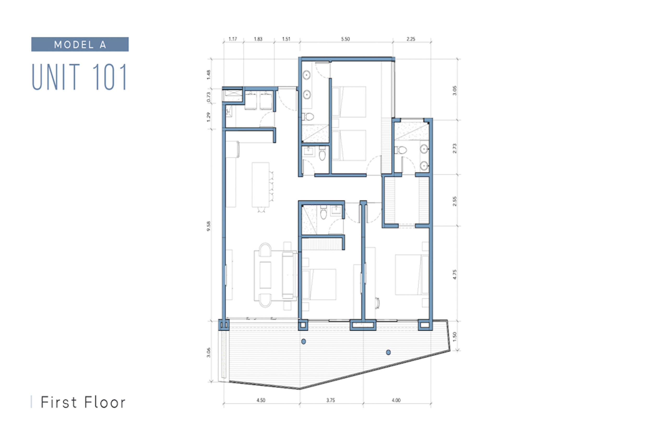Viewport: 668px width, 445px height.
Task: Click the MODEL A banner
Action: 80,44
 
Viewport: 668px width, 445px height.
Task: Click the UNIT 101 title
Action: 79,77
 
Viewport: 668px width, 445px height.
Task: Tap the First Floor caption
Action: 83,402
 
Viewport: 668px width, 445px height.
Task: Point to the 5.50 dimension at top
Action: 345,39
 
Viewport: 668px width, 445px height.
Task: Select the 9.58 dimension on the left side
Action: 208,226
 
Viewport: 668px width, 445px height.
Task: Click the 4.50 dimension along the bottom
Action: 261,400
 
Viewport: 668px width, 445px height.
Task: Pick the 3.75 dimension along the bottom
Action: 330,400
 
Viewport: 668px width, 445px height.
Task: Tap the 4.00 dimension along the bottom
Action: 396,400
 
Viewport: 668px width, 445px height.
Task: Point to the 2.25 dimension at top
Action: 410,39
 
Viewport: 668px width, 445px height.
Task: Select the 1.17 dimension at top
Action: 232,39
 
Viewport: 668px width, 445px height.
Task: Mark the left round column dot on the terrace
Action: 303,341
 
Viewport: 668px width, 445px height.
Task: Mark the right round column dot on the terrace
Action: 388,352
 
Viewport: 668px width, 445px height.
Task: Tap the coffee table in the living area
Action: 265,275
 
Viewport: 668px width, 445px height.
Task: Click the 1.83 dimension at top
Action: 258,39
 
